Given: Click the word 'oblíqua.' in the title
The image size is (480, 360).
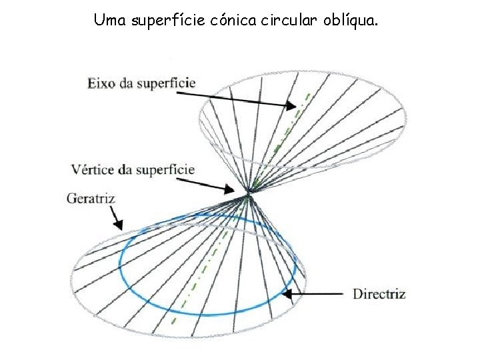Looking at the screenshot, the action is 352,21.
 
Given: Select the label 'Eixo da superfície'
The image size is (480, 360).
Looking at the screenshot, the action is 141,83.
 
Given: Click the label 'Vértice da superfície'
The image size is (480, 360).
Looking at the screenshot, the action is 133,169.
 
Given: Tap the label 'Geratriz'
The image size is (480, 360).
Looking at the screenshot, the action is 91,199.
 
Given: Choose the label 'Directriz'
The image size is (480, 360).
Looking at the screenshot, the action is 379,294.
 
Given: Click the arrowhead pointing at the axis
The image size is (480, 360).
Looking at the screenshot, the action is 291,105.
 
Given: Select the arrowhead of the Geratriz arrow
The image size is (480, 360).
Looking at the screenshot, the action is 120,227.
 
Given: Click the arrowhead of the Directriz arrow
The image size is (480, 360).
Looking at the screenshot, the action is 287,293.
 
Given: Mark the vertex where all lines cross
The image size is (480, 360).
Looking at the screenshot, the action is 249,194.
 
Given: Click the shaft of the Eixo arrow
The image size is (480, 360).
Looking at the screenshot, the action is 233,97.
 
